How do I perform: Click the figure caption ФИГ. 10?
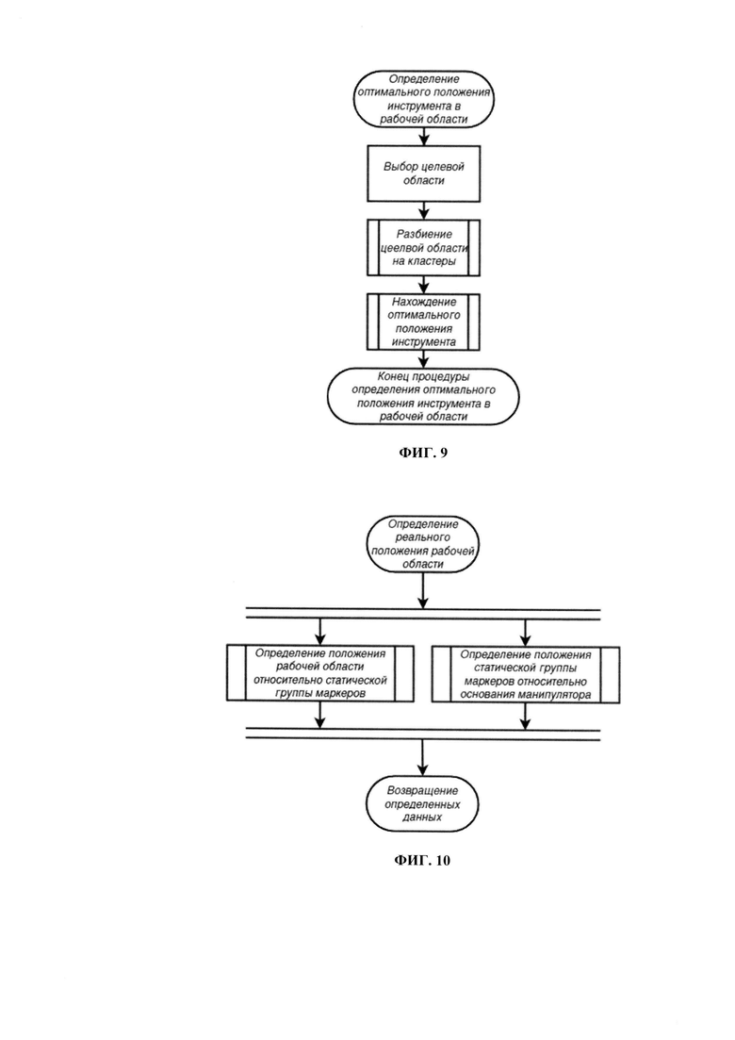(422, 860)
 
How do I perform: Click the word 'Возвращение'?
(423, 791)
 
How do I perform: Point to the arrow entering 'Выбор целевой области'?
(423, 137)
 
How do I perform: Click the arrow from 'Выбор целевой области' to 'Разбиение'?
(423, 211)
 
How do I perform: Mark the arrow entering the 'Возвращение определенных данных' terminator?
(423, 757)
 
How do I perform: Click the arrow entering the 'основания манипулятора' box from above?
(526, 633)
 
